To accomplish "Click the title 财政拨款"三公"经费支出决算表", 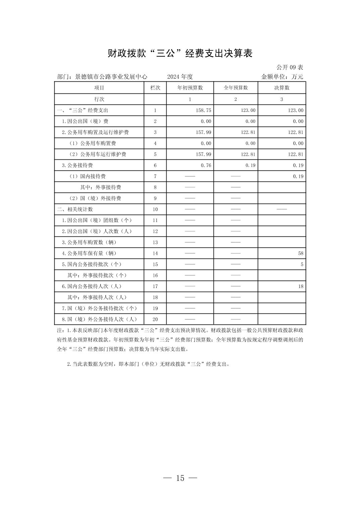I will pyautogui.click(x=180, y=53).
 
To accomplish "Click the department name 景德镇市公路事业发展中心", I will pyautogui.click(x=111, y=77).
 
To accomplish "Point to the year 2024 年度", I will pyautogui.click(x=180, y=77).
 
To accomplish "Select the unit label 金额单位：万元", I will pyautogui.click(x=282, y=77).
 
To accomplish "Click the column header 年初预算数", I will pyautogui.click(x=190, y=88).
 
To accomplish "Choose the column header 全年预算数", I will pyautogui.click(x=236, y=88).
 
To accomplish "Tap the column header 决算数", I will pyautogui.click(x=282, y=88).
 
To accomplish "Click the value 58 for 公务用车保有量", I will pyautogui.click(x=301, y=253).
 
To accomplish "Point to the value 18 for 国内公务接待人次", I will pyautogui.click(x=301, y=286).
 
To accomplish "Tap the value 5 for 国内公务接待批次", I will pyautogui.click(x=302, y=265).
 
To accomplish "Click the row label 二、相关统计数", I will pyautogui.click(x=75, y=209).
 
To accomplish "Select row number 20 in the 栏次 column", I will pyautogui.click(x=155, y=319).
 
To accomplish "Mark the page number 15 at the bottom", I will pyautogui.click(x=180, y=478).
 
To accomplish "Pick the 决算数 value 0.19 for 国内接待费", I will pyautogui.click(x=298, y=176).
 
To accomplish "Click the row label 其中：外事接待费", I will pyautogui.click(x=101, y=187).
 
